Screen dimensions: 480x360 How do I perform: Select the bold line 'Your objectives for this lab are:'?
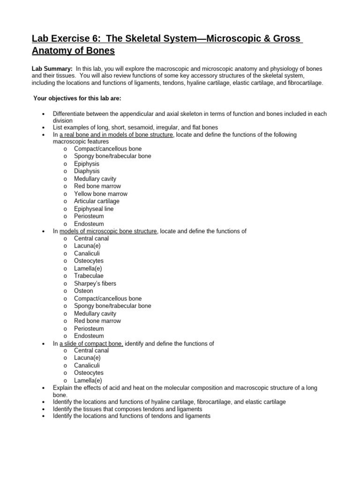click(77, 98)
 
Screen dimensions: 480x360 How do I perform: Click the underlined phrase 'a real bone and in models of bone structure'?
click(117, 135)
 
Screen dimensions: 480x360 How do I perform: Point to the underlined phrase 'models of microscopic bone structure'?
click(109, 231)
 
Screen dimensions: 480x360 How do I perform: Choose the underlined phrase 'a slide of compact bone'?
click(91, 344)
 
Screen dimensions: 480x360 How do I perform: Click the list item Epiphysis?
click(87, 164)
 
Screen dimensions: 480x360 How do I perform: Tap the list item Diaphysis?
click(87, 171)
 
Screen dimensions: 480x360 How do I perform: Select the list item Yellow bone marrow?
click(100, 194)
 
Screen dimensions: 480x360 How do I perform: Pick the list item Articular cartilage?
click(97, 201)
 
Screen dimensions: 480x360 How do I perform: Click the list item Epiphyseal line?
click(94, 209)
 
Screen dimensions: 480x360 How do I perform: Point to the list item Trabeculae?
click(89, 276)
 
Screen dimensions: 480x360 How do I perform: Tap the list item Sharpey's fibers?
click(95, 284)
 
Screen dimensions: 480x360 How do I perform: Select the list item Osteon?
click(83, 291)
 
